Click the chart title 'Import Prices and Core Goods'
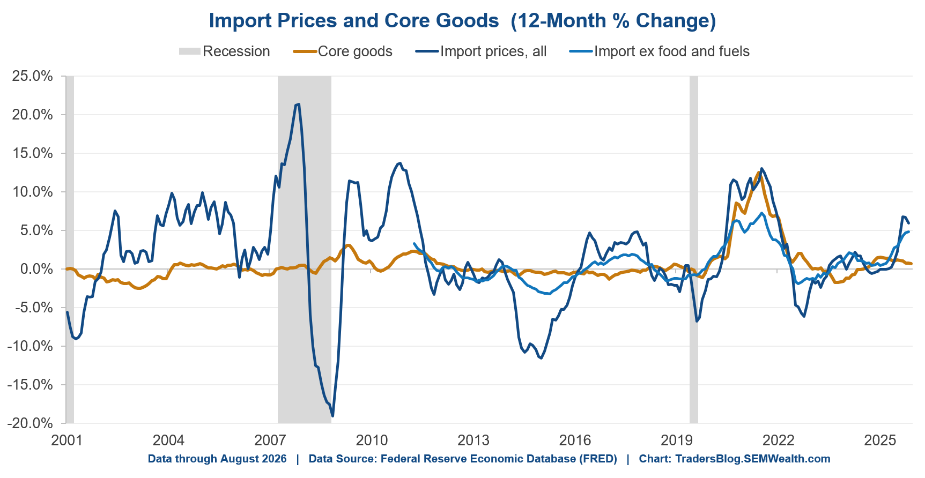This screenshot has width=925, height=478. (353, 20)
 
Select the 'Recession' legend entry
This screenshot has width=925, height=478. (224, 51)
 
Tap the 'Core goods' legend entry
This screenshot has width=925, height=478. (343, 51)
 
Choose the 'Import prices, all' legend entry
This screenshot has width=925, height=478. (481, 51)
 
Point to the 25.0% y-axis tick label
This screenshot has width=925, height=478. (33, 76)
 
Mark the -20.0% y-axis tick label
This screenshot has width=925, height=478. (30, 423)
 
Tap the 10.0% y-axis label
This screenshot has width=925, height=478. (33, 192)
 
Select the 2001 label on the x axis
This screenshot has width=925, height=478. (66, 440)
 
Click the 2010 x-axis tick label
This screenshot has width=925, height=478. (372, 440)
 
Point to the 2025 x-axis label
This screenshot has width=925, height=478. (880, 440)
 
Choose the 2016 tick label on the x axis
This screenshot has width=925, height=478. (575, 440)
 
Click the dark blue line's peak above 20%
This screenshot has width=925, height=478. (298, 104)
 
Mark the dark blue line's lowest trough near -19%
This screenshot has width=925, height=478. (333, 416)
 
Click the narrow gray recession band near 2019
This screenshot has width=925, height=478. (694, 250)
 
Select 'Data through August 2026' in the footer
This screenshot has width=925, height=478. (217, 459)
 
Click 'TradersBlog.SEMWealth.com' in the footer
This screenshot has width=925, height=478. (753, 459)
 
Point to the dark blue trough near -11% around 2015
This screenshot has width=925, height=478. (541, 358)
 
